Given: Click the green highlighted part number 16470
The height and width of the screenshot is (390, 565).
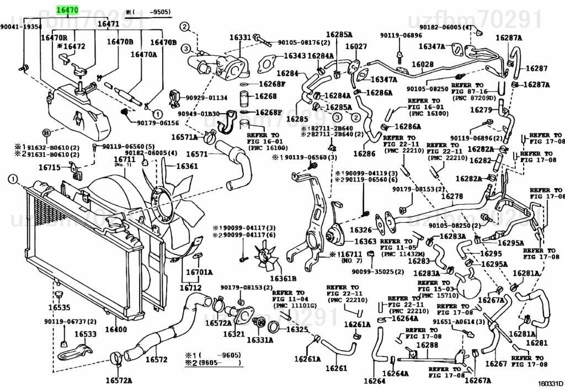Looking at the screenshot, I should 67,9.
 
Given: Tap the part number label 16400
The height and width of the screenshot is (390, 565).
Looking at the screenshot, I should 116,330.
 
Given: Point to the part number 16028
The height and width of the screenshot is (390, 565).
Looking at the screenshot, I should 423,65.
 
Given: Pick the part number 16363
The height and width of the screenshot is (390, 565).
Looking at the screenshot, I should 365,242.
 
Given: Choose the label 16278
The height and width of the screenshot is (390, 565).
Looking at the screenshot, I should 452,196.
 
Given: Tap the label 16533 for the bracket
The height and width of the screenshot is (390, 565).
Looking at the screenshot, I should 86,334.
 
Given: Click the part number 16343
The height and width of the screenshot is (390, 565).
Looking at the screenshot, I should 295,56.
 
